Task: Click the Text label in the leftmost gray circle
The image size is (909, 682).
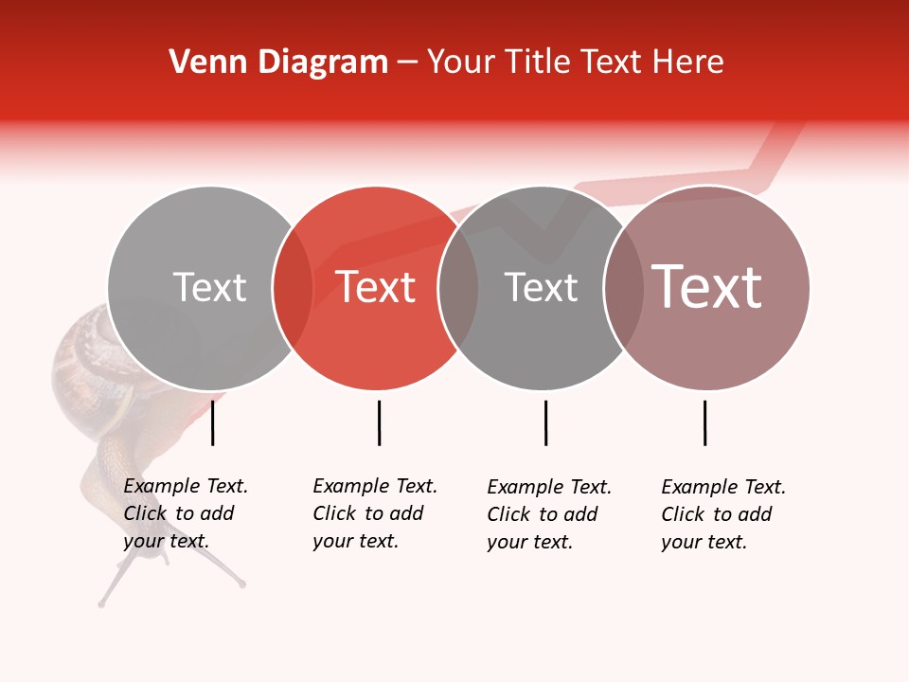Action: [x=209, y=287]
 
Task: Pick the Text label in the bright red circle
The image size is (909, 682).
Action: [x=376, y=287]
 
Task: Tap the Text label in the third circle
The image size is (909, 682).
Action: [x=541, y=287]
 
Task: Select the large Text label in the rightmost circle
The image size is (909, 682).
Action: [x=707, y=286]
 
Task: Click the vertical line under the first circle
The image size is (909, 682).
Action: [x=212, y=422]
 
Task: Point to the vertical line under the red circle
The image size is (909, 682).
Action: [x=379, y=422]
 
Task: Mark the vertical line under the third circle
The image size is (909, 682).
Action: [x=545, y=422]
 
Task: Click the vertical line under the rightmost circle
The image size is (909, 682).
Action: [x=704, y=422]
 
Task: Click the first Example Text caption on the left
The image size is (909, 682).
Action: [x=185, y=513]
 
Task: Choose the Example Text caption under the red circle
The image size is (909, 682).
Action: [x=374, y=513]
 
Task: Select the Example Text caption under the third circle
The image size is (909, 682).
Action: [x=548, y=514]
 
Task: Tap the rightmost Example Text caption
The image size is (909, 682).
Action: [x=722, y=514]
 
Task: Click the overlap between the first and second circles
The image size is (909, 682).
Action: [x=293, y=288]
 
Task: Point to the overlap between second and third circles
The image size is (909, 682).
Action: [x=458, y=288]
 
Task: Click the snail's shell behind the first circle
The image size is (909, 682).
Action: [x=80, y=360]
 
